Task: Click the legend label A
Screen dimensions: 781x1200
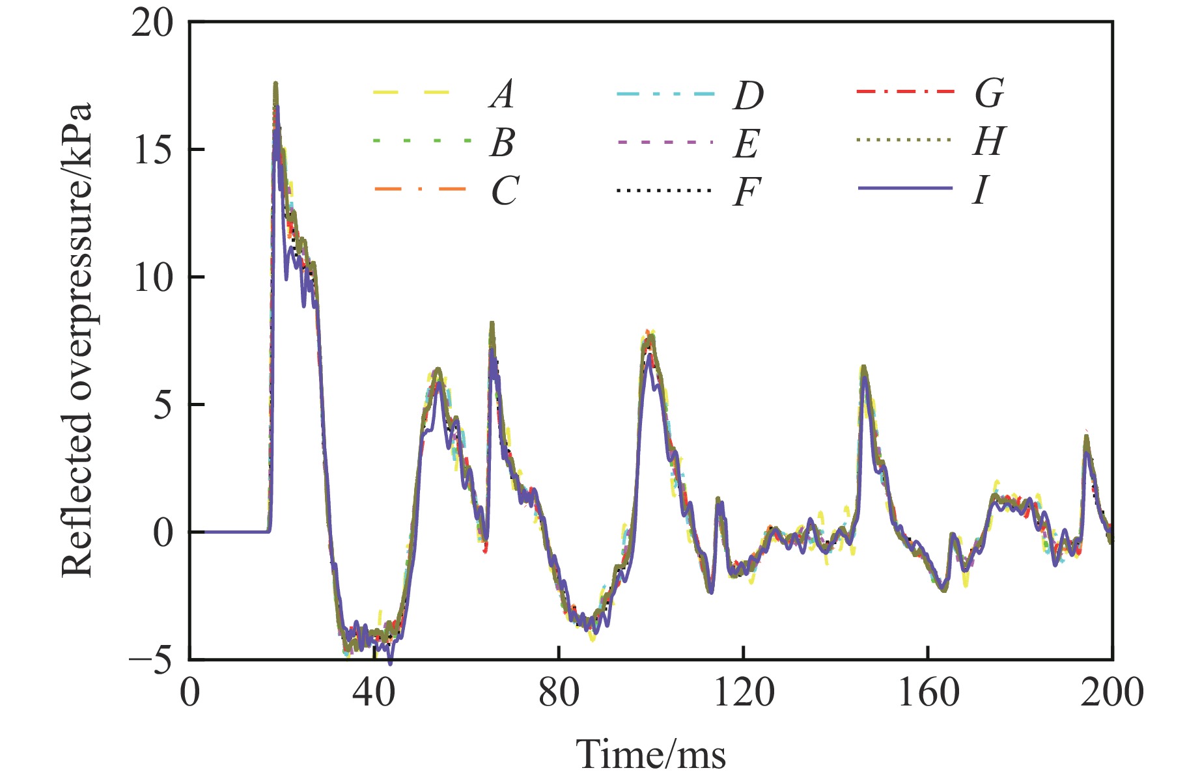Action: point(501,94)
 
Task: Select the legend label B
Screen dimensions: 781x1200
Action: point(503,143)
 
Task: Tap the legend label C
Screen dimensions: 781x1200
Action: point(505,191)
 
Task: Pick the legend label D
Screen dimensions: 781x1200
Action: point(748,96)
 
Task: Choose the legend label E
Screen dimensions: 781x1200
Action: point(746,144)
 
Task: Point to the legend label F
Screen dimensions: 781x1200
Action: point(746,192)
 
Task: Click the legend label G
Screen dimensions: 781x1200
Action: point(989,94)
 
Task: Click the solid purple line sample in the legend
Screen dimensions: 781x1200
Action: point(905,189)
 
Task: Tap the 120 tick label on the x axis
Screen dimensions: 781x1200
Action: point(743,693)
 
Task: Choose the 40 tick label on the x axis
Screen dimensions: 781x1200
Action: point(374,693)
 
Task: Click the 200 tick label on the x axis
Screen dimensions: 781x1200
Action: point(1111,693)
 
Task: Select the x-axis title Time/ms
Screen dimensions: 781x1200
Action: point(650,754)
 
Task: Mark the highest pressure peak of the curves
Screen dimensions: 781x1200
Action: point(275,83)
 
